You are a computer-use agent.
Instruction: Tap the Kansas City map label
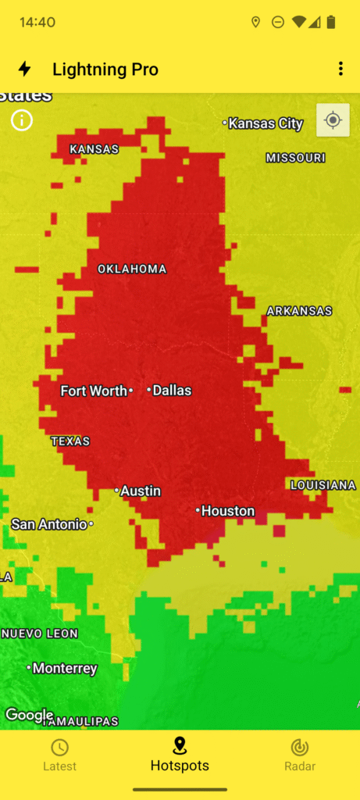tap(265, 123)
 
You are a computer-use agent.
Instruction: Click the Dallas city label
tap(171, 391)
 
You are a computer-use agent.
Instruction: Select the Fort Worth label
tap(94, 391)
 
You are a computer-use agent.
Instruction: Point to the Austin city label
tap(140, 491)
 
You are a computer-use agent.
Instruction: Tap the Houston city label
tap(227, 511)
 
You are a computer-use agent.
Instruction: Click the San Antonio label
tap(49, 524)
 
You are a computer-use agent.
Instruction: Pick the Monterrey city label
tap(64, 668)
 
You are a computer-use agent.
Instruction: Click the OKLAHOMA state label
tap(132, 270)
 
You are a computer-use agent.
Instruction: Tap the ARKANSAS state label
tap(299, 311)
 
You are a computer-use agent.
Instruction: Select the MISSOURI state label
tap(295, 158)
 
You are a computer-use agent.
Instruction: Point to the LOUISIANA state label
tap(323, 485)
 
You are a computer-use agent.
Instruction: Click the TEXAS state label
tap(70, 441)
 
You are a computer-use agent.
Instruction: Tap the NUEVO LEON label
tap(39, 634)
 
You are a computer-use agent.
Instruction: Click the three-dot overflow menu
tap(340, 69)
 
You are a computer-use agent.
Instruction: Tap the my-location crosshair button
tap(333, 120)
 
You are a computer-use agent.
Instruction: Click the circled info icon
tap(22, 120)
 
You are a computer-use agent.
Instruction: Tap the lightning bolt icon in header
tap(25, 69)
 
